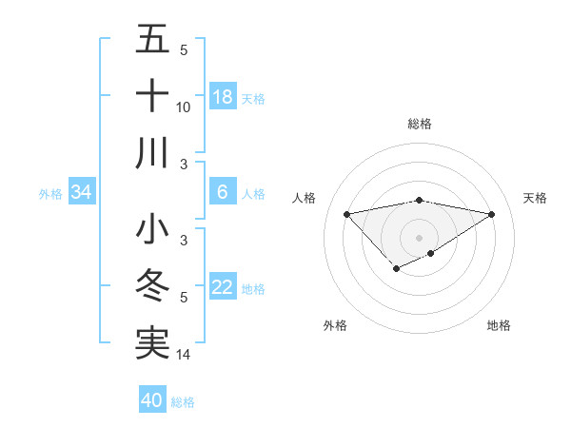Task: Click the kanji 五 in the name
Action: pos(153,40)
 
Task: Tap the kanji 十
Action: pos(153,96)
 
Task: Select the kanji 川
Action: pos(153,153)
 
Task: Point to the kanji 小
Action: pos(153,230)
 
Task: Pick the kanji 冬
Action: pos(153,286)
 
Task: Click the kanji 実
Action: pos(153,343)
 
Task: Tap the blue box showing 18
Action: pos(223,97)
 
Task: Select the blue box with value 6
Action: pos(223,193)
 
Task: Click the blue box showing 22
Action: pos(223,288)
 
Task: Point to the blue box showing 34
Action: pos(82,193)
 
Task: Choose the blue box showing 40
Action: pos(152,400)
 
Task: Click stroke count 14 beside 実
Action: pos(185,355)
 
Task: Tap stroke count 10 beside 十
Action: pos(184,107)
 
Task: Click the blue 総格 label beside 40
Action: pos(183,402)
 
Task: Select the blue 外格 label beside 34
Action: pos(50,194)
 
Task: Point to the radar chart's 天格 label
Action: pos(535,198)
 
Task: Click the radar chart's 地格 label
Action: pos(499,325)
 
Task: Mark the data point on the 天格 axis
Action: pos(492,213)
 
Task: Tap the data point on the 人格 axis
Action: pos(346,213)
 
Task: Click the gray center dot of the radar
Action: pos(419,237)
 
